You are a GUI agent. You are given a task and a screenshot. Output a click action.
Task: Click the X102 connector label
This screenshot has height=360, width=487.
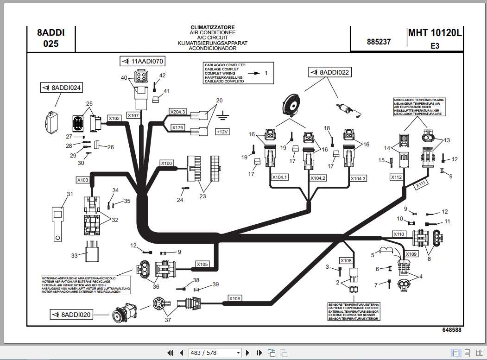pyautogui.click(x=114, y=118)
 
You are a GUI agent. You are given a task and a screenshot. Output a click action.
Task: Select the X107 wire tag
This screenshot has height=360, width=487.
pyautogui.click(x=133, y=115)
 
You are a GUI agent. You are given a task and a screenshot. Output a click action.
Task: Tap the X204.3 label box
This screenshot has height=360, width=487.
pyautogui.click(x=177, y=112)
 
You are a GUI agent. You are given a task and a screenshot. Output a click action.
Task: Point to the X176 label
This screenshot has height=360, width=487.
pyautogui.click(x=178, y=127)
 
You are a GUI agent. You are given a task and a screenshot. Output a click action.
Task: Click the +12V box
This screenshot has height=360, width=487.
pyautogui.click(x=222, y=132)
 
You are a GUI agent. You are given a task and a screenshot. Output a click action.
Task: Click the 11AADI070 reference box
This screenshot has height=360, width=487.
pyautogui.click(x=142, y=61)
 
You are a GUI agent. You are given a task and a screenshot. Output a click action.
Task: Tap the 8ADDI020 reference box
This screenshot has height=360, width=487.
pyautogui.click(x=72, y=315)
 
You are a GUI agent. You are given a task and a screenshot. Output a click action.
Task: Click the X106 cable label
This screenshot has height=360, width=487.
pyautogui.click(x=235, y=299)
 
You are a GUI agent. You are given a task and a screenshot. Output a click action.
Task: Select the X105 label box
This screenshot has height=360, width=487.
pyautogui.click(x=202, y=264)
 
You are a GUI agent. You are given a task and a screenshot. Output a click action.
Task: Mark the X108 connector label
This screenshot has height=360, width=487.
pyautogui.click(x=346, y=260)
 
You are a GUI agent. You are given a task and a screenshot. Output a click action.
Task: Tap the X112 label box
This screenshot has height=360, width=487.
pyautogui.click(x=396, y=177)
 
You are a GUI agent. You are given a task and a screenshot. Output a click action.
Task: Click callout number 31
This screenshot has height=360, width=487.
pyautogui.click(x=70, y=194)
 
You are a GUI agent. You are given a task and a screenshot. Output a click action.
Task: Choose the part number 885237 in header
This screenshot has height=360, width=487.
pyautogui.click(x=379, y=42)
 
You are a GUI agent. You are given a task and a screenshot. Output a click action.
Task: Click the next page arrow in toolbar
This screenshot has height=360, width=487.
pyautogui.click(x=248, y=353)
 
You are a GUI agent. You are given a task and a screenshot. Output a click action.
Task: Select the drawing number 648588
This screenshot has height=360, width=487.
pyautogui.click(x=451, y=329)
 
